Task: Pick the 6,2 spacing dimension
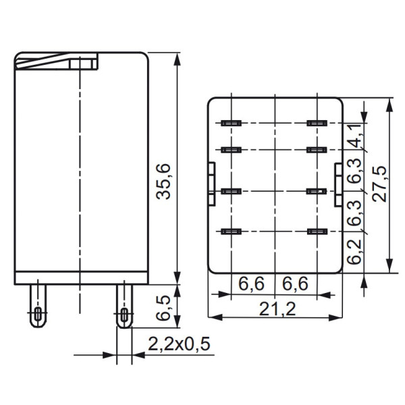[x=355, y=252]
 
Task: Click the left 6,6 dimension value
[x=251, y=285]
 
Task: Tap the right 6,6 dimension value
[x=295, y=285]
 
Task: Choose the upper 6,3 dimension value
[x=355, y=171]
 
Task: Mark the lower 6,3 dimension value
[x=355, y=212]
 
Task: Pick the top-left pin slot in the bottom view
[x=231, y=124]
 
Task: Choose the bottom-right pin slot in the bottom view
[x=317, y=232]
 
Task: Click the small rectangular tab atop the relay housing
[x=83, y=64]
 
